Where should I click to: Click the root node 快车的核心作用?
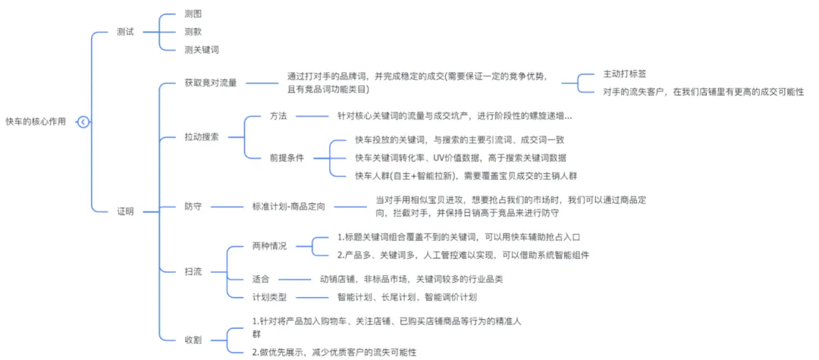coord(36,122)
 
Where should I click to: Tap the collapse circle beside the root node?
coord(83,122)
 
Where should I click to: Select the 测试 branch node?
coord(126,33)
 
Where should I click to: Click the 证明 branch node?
coord(126,211)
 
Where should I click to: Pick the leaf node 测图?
coord(193,14)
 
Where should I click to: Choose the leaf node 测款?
coord(193,32)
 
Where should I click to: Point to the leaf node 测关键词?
coord(202,50)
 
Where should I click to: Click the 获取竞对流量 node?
coord(210,83)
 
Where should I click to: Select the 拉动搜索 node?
coord(202,138)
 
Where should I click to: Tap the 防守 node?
coord(193,206)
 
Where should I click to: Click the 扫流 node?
coord(193,271)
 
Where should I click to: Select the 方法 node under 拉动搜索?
coord(278,117)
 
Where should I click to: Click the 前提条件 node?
coord(287,158)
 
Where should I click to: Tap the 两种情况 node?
coord(270,246)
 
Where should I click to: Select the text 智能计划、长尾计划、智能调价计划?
coord(406,297)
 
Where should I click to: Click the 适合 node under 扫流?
coord(261,279)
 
